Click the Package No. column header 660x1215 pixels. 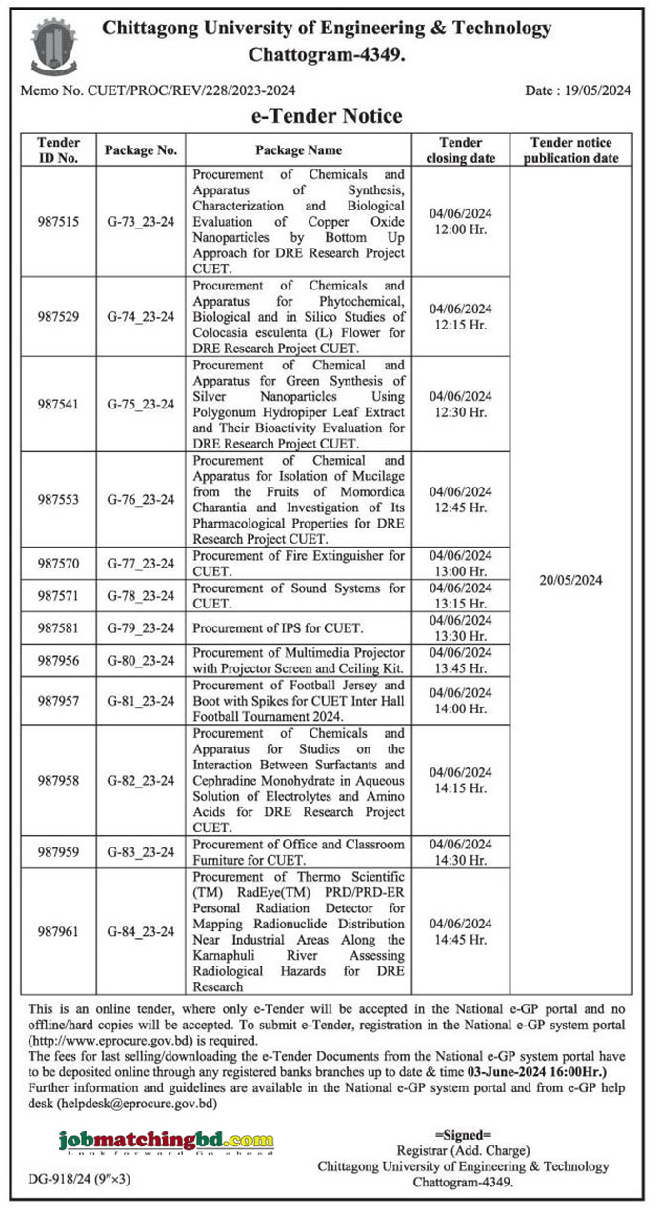pyautogui.click(x=141, y=150)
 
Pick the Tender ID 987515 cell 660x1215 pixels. pyautogui.click(x=58, y=222)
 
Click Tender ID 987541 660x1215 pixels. pyautogui.click(x=58, y=404)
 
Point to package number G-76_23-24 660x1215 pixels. pyautogui.click(x=141, y=499)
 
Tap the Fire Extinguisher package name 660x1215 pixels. pyautogui.click(x=298, y=563)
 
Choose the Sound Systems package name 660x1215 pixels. pyautogui.click(x=298, y=595)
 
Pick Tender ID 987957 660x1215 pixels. pyautogui.click(x=58, y=700)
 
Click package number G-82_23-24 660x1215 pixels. pyautogui.click(x=141, y=780)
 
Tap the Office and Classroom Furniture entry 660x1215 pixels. pyautogui.click(x=298, y=851)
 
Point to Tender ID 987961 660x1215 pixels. pyautogui.click(x=58, y=931)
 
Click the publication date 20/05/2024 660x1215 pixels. pyautogui.click(x=570, y=580)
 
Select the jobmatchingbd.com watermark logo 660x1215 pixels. pyautogui.click(x=166, y=1141)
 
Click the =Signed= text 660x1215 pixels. pyautogui.click(x=463, y=1135)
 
